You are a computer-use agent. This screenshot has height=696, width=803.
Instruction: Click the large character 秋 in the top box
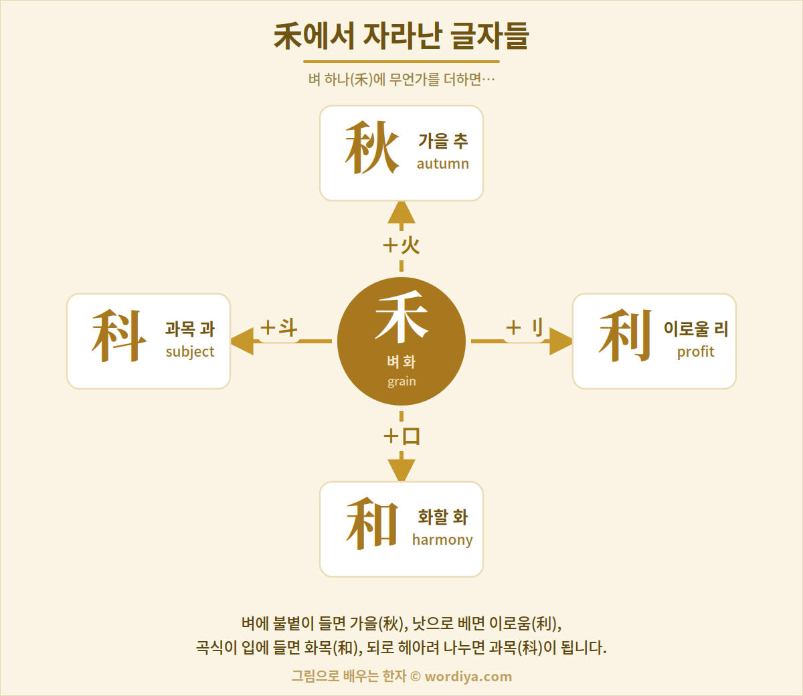point(372,148)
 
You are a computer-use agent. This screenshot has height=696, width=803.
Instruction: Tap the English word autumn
point(443,163)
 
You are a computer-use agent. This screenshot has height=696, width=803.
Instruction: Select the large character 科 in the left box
point(119,336)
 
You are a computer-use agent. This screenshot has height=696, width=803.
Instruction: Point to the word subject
point(190,352)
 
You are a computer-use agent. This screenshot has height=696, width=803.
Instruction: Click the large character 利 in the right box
point(625,336)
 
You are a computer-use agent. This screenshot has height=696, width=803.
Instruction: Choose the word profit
point(695,352)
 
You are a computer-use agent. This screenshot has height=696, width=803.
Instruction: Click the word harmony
point(442,540)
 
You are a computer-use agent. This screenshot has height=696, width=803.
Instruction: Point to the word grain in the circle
point(401,381)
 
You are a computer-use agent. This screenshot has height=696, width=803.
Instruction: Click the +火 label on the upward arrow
point(401,246)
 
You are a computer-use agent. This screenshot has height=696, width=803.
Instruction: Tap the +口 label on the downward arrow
point(401,436)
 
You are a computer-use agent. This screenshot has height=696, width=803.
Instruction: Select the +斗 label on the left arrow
point(279,327)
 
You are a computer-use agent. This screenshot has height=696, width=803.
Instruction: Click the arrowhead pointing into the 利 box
point(561,341)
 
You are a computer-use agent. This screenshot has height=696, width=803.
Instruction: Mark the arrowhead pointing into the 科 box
point(242,341)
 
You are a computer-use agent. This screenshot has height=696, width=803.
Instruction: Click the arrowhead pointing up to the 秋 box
point(401,213)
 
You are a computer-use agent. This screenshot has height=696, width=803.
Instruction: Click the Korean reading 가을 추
point(443,141)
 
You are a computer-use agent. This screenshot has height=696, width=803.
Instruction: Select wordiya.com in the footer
point(468,677)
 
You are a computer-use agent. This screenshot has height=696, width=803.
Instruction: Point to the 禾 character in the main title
point(288,36)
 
